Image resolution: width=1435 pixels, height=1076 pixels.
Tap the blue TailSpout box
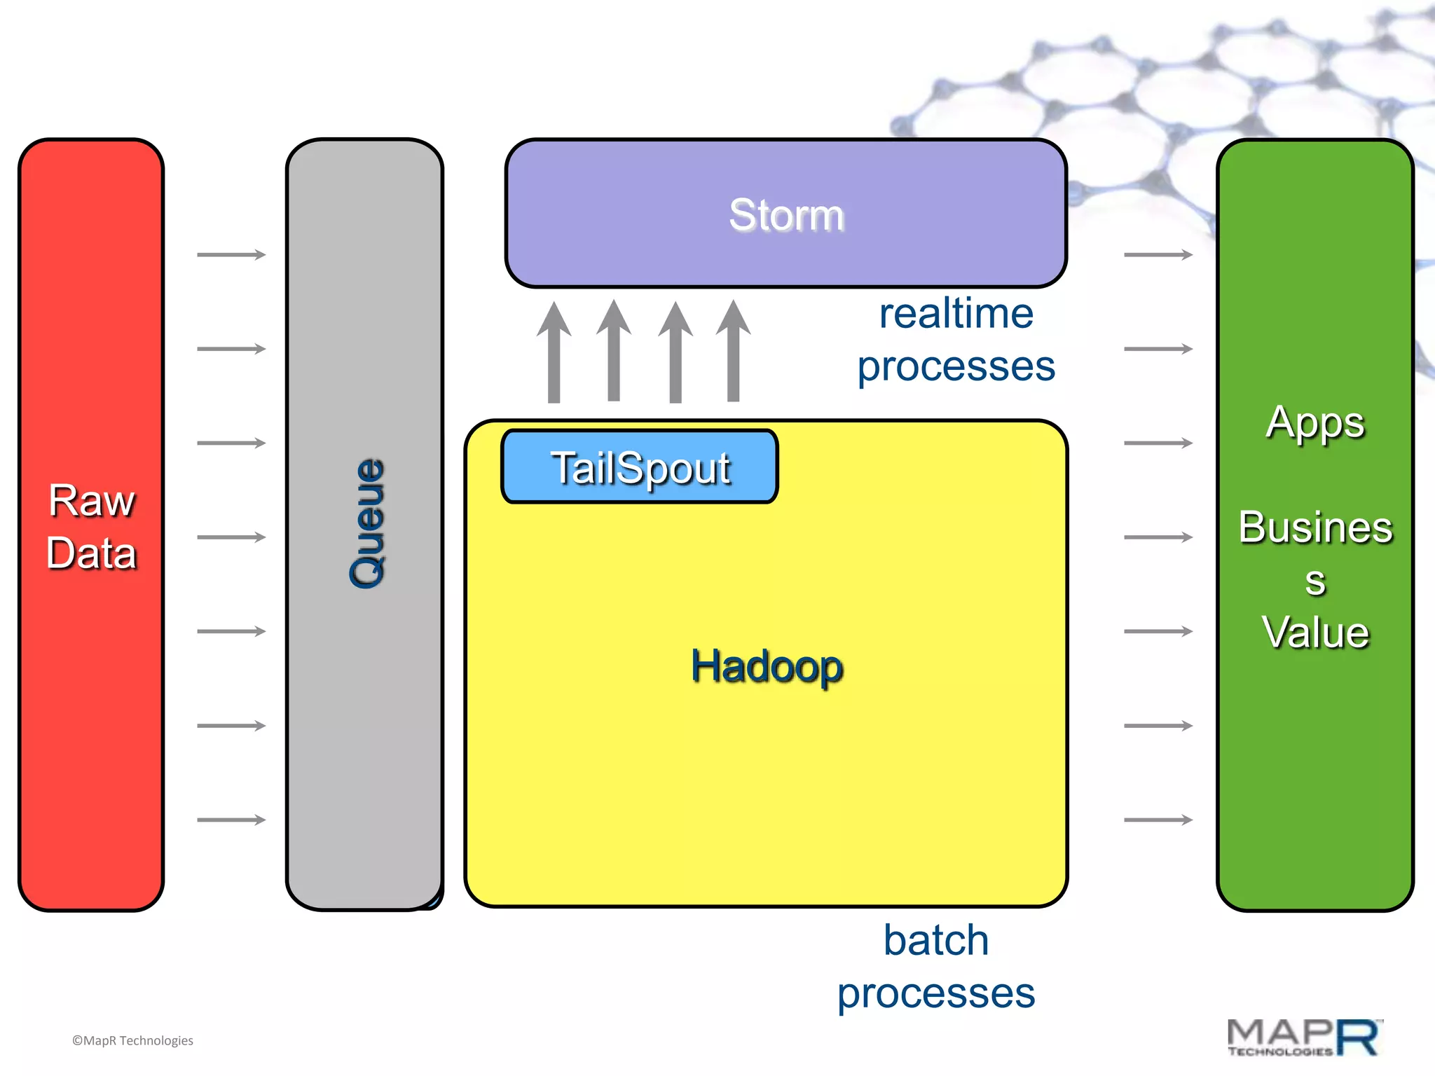pos(639,467)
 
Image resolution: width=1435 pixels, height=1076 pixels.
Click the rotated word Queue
pos(367,523)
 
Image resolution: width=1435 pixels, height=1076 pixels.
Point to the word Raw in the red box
pos(91,500)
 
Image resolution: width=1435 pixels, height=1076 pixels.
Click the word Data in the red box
pos(91,553)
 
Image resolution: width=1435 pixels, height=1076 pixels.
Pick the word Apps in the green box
pos(1315,422)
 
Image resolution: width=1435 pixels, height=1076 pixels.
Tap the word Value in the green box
pos(1315,632)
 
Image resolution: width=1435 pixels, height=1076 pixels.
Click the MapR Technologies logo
pos(1304,1037)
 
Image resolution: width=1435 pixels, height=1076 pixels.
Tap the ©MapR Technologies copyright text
pos(132,1040)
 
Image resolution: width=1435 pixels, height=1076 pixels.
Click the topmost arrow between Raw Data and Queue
pos(231,254)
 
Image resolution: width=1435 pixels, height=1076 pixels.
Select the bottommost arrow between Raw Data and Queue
pos(231,820)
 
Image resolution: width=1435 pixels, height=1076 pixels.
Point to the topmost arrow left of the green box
pos(1158,254)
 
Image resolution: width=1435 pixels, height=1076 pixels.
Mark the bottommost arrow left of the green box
pos(1158,820)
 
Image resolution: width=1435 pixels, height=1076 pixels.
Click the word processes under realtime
pos(956,366)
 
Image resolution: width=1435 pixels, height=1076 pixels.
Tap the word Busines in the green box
pos(1315,527)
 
